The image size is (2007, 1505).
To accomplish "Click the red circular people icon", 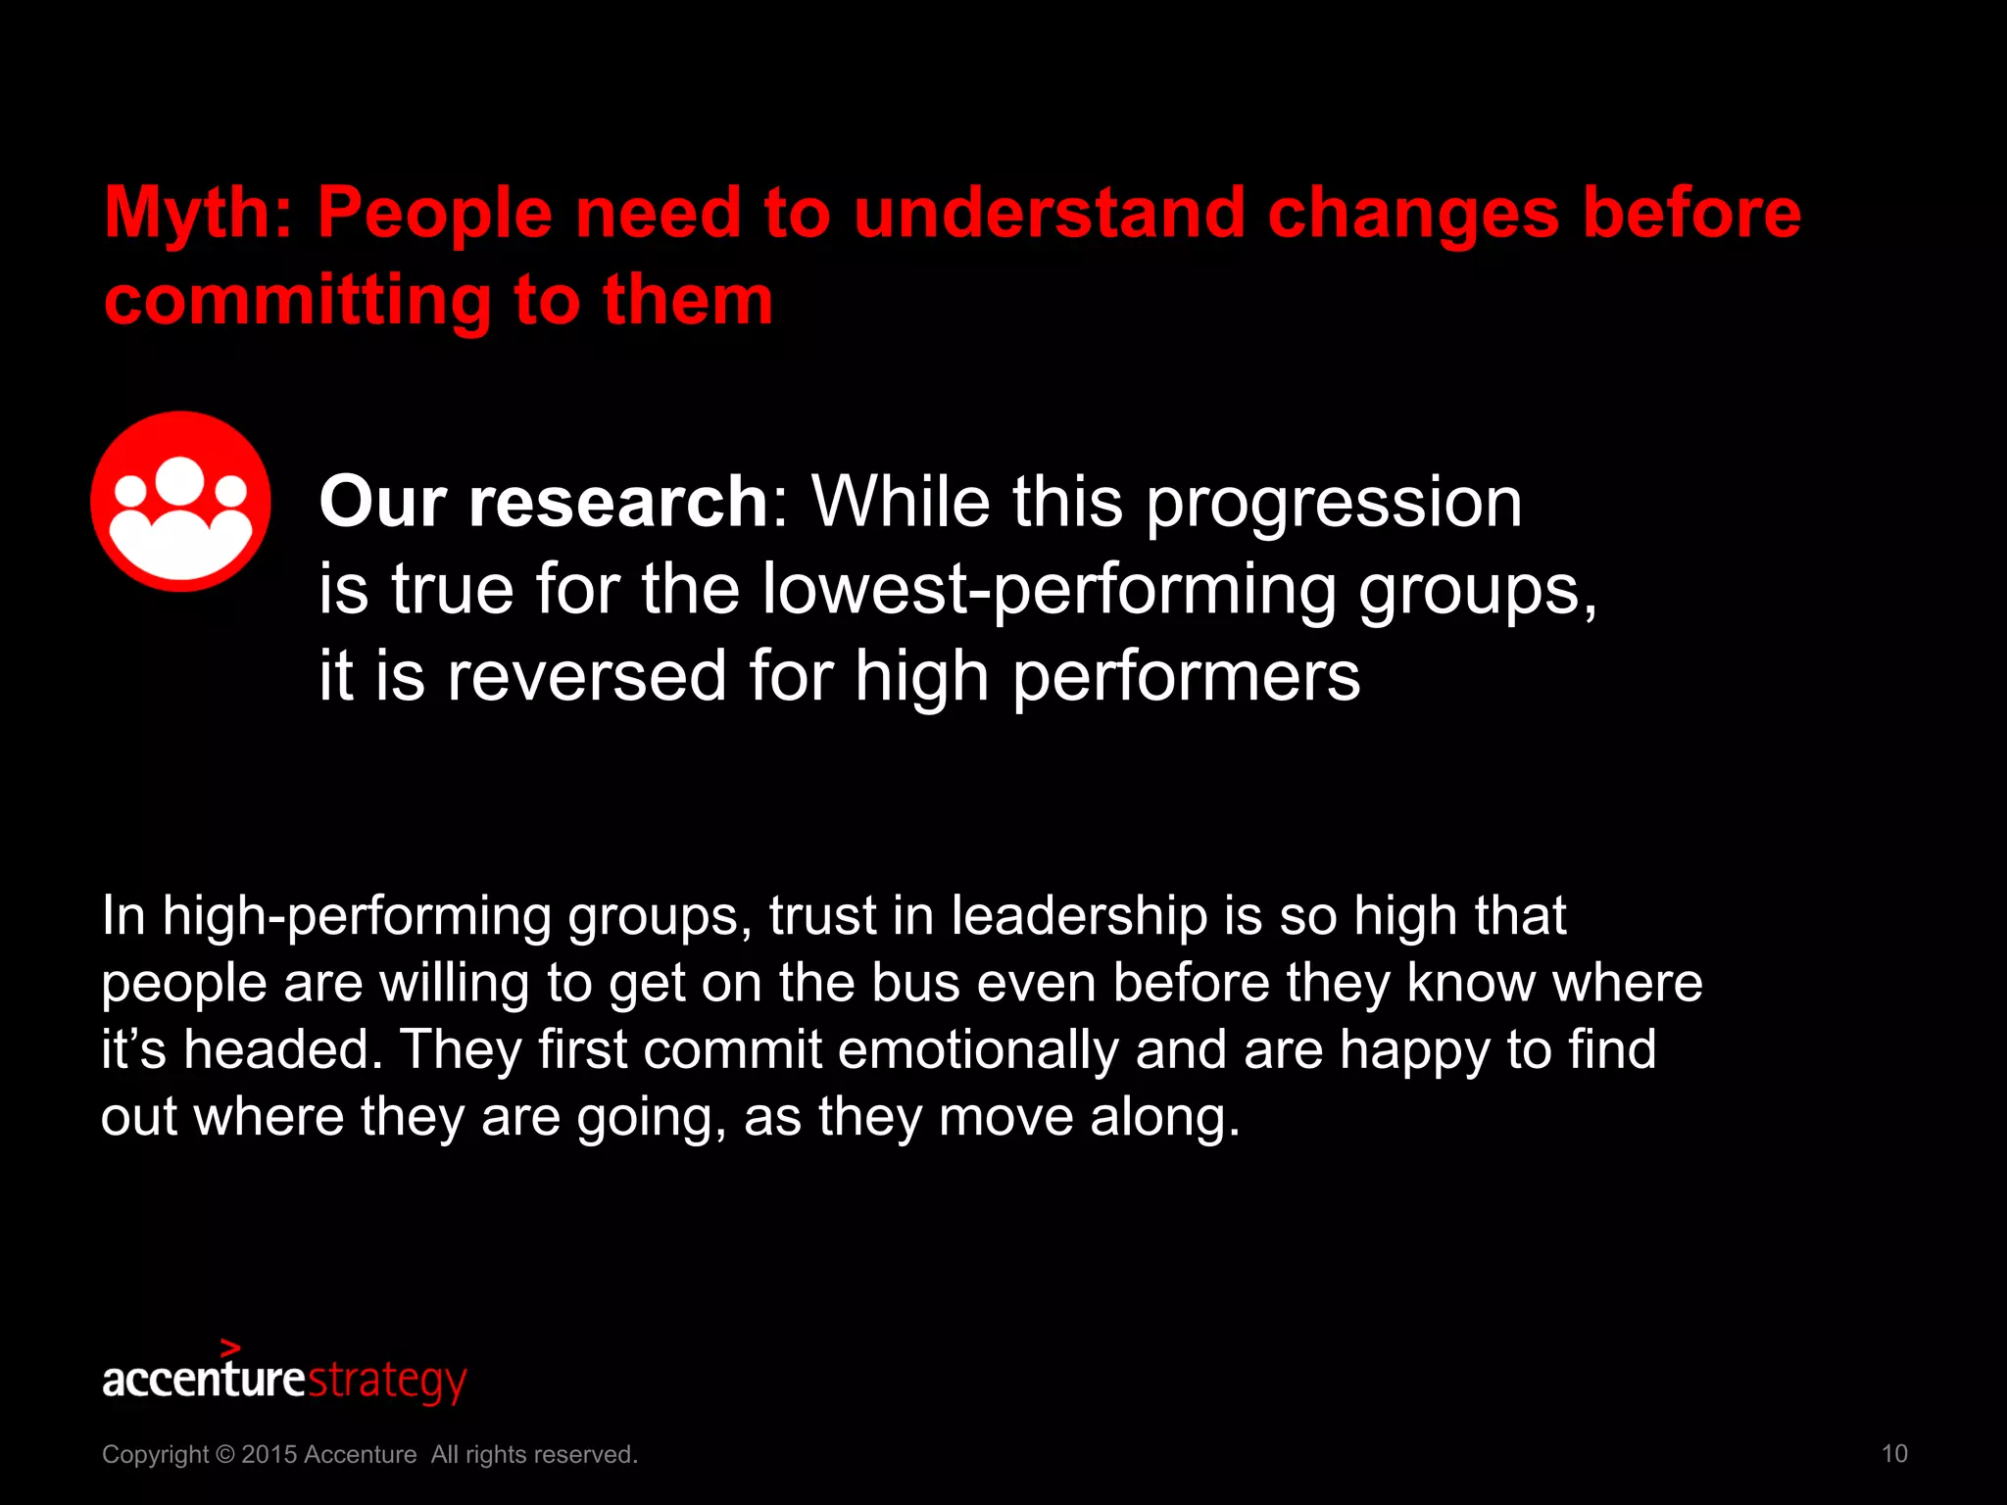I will (x=181, y=502).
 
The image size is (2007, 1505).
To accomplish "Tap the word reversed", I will (x=586, y=676).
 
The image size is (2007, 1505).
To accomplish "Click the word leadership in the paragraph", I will (x=1078, y=916).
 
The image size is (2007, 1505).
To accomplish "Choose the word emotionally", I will (x=978, y=1050).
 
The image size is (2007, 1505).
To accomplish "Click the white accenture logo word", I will (x=204, y=1379).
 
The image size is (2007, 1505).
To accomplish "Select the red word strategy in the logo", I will (x=387, y=1381).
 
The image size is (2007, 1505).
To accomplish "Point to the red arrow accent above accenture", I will (x=231, y=1348).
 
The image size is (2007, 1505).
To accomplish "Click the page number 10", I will (x=1894, y=1453).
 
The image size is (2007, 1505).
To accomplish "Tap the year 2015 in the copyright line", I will (x=269, y=1454).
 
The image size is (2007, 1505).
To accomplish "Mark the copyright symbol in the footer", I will (x=224, y=1454).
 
